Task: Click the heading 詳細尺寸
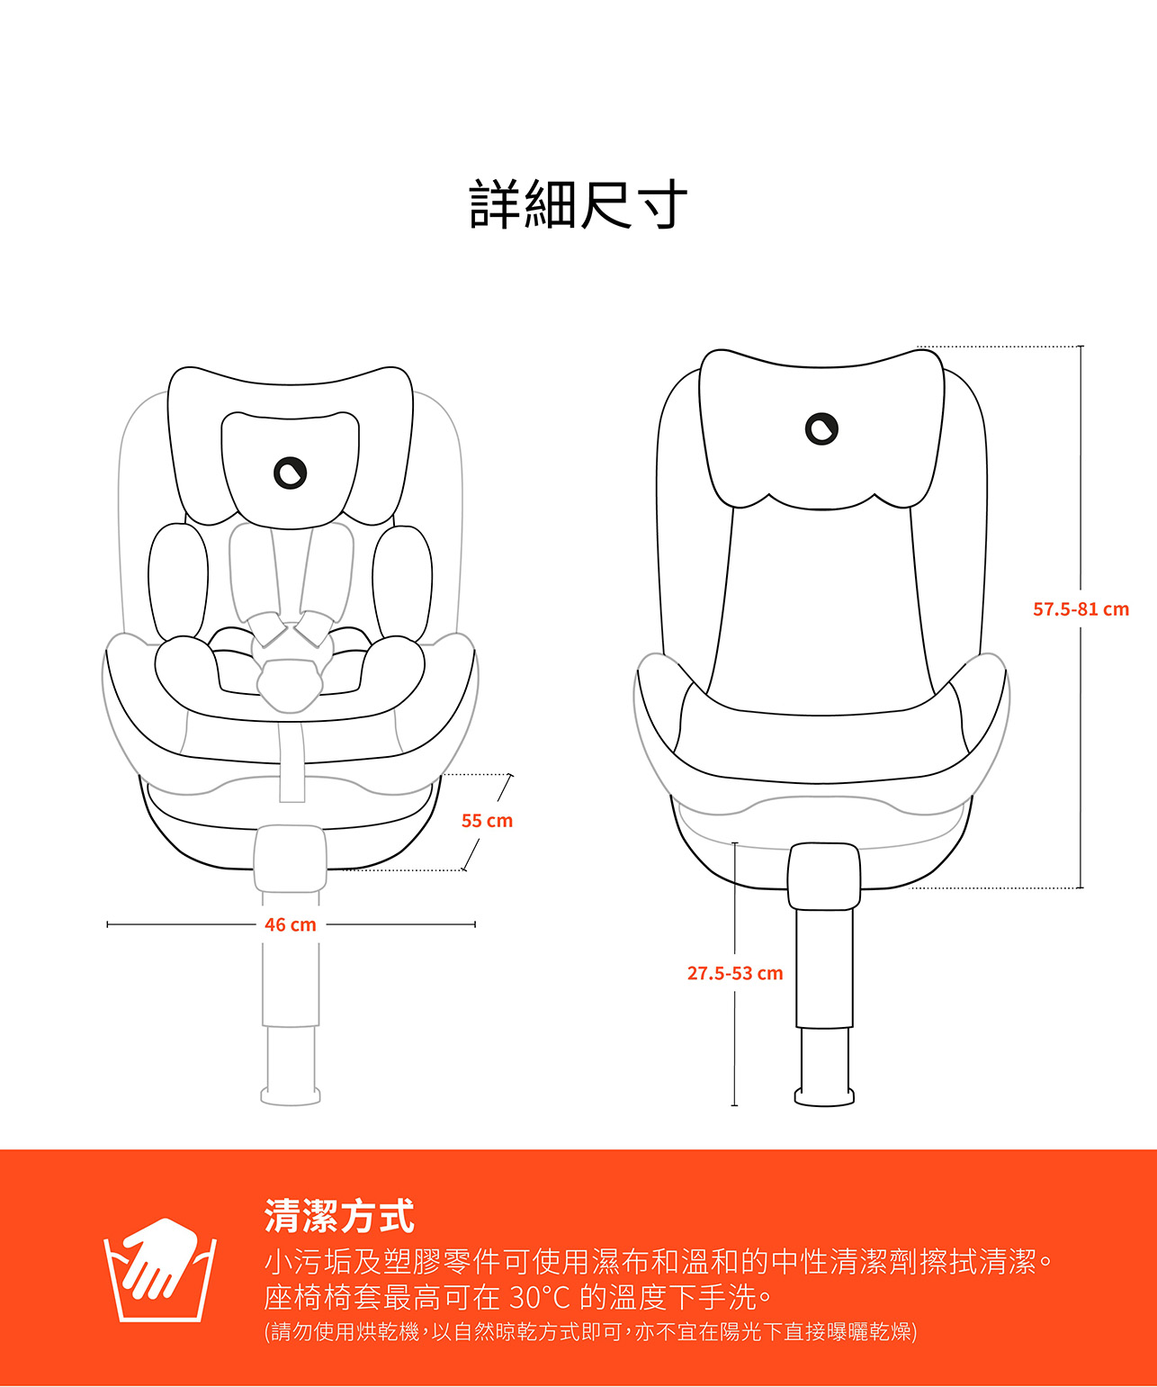578,205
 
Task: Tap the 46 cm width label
290,924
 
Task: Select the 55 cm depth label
487,821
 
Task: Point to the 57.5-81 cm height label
1080,609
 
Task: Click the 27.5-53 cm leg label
735,973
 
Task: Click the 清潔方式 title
339,1216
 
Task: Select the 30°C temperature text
540,1297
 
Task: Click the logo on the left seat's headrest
290,473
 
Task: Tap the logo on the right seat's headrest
821,428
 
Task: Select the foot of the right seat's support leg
824,1095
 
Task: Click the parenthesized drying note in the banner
590,1332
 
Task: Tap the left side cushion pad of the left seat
177,581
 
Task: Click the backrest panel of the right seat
821,612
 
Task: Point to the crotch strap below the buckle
291,761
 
